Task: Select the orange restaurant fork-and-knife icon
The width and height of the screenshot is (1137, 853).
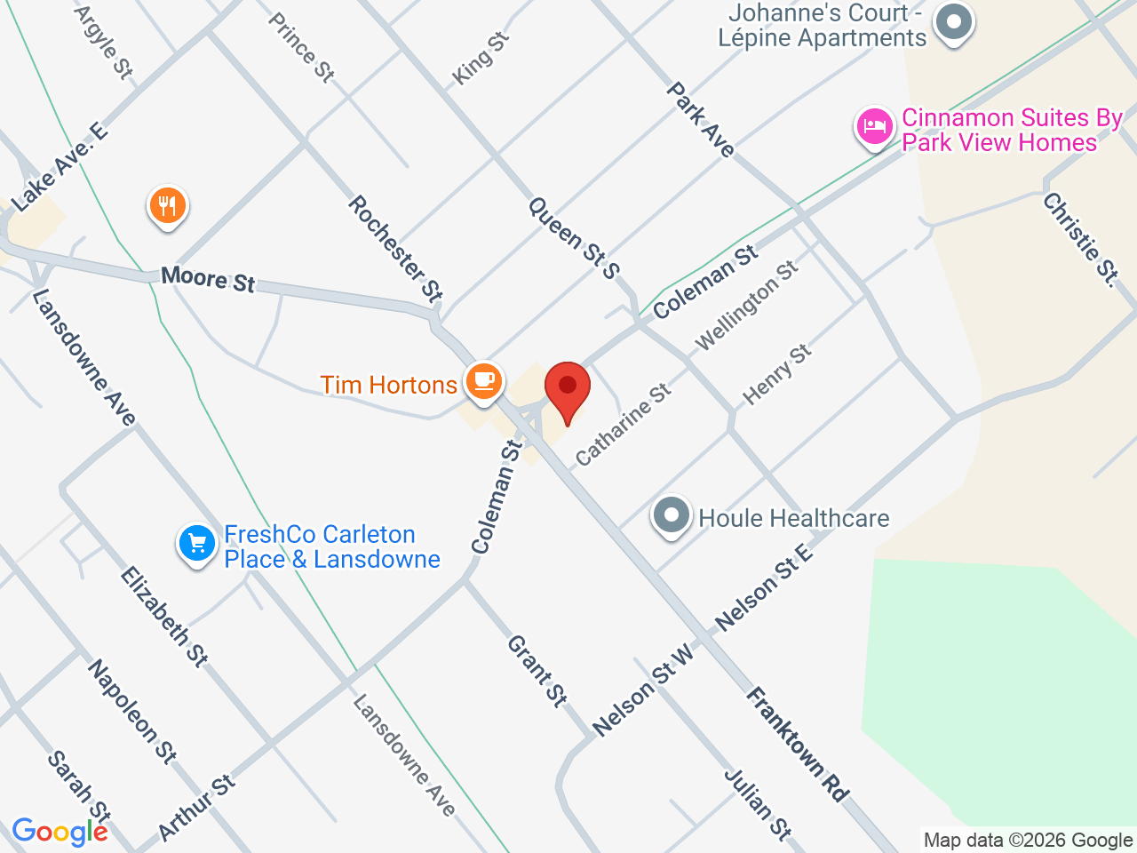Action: pos(167,207)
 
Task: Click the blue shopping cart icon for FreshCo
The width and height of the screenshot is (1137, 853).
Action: pos(196,543)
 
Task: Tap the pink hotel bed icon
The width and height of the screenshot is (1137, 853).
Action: pos(874,127)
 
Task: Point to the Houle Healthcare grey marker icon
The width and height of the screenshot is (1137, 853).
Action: pos(672,516)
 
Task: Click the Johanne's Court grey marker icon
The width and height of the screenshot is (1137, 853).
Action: pos(955,22)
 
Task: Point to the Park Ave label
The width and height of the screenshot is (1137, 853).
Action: pos(701,120)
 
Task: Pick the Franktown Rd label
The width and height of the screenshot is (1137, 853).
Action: pos(797,745)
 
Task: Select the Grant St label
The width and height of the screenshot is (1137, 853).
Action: pos(537,671)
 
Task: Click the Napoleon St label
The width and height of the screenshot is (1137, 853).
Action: pos(131,711)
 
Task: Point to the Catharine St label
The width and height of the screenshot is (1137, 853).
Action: pos(623,425)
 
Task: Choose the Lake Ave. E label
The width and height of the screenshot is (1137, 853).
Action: pos(60,167)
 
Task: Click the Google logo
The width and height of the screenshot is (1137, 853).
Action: pos(60,832)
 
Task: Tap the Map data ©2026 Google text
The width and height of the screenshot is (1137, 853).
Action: pos(1028,840)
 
